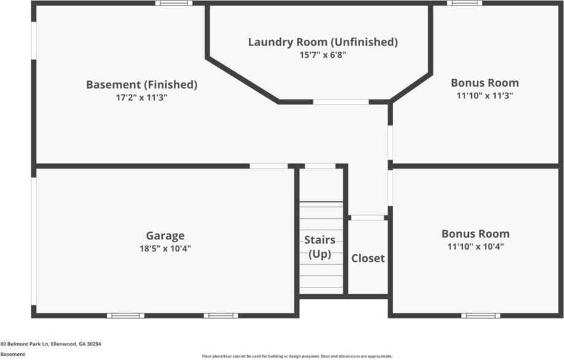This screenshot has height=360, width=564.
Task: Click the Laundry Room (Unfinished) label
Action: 323,42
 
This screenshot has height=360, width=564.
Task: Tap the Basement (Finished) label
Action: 141,85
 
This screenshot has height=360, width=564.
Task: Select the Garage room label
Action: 165,235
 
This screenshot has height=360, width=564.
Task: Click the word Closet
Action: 367,258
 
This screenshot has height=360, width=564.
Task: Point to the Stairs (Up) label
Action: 319,246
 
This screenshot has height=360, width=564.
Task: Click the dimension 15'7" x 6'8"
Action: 323,55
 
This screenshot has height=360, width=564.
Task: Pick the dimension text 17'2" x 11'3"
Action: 141,97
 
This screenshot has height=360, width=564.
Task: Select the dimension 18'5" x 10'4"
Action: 165,248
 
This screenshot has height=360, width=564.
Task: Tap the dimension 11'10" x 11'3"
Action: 484,95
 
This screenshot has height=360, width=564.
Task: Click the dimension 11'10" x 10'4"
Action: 475,247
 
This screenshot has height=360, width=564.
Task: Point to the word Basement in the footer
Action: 12,354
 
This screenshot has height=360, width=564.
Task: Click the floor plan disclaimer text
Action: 297,356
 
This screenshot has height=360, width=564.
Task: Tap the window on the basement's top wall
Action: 173,3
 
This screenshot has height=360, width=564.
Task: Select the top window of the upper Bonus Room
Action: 464,3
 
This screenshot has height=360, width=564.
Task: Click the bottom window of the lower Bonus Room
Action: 480,316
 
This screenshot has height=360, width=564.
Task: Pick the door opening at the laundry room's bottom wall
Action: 341,101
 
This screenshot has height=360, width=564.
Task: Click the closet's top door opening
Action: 367,217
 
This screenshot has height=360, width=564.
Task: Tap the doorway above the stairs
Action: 319,166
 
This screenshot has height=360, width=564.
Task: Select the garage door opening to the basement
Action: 268,166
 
